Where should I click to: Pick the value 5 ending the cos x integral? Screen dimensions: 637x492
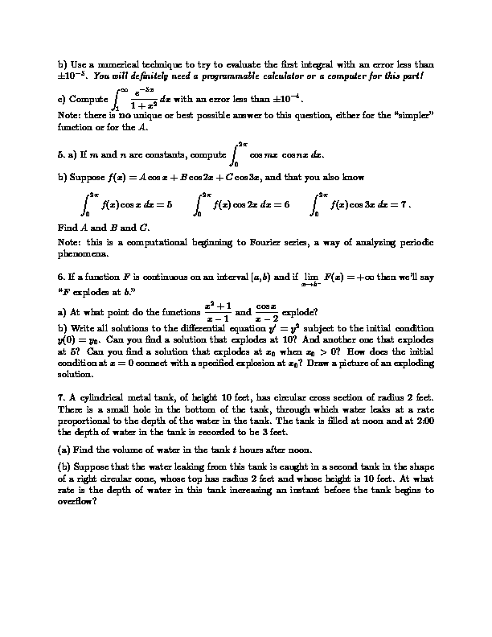pyautogui.click(x=169, y=204)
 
